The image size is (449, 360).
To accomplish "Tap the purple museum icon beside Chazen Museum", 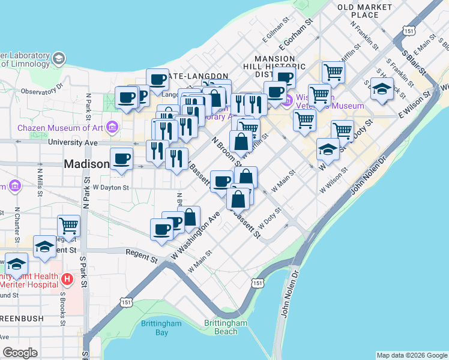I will coord(111,127).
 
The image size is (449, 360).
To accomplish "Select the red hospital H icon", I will coord(67,279).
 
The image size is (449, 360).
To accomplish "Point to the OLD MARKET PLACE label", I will coord(364,11).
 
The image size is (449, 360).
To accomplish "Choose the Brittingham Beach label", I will coord(225,327).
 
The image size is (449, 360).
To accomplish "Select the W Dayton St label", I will coord(110,187).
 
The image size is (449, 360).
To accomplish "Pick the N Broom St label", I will coord(227,151).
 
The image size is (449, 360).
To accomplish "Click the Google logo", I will coord(20,353).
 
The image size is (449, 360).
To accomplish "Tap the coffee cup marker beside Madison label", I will coord(121,160).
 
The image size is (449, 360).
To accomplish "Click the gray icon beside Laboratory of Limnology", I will coord(59,58).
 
